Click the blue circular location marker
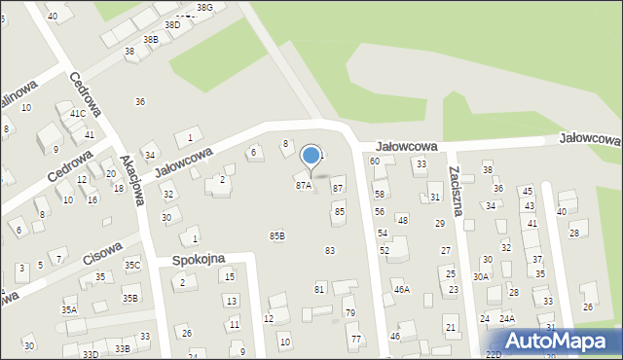pos(311,155)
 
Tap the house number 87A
pos(303,185)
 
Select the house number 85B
pos(277,235)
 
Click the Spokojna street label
pos(199,260)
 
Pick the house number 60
pos(375,161)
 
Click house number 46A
pos(401,289)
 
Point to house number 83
pos(330,251)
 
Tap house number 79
pos(350,312)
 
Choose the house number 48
pos(402,220)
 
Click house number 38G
pos(203,7)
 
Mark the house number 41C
pos(77,114)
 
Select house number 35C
pos(132,265)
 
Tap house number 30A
pos(481,276)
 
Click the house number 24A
pos(507,318)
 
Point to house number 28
pos(573,234)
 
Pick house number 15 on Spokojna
pos(229,277)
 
